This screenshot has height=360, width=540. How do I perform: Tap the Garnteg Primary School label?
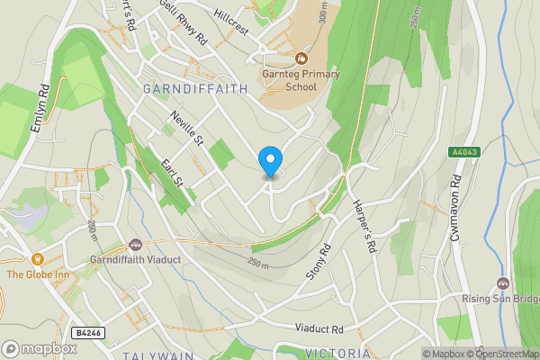click(x=289, y=81)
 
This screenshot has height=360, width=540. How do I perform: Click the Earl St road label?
click(x=172, y=175)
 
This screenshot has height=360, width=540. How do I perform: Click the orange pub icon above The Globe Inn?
click(x=38, y=258)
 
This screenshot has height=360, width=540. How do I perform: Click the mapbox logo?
click(x=40, y=348)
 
